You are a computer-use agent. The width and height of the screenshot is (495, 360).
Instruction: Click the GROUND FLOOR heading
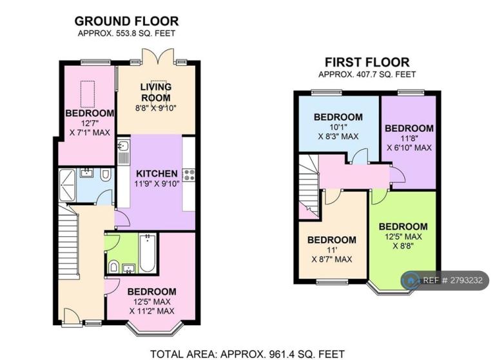tap(126, 21)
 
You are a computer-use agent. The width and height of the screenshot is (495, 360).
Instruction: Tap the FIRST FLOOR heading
tap(367, 63)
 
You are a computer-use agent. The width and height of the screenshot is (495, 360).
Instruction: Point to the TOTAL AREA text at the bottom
tap(247, 354)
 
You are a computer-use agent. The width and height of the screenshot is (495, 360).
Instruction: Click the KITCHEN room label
tap(157, 174)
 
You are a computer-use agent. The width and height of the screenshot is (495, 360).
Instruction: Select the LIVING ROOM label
tap(156, 92)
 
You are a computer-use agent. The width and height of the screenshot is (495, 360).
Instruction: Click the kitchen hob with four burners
tap(189, 175)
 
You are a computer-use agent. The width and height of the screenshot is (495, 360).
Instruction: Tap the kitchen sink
tap(123, 146)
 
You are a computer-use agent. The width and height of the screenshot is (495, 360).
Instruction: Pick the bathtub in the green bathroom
tap(148, 253)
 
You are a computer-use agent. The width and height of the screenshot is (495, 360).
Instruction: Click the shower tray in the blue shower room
tap(67, 185)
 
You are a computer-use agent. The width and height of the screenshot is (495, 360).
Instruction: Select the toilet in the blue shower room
tap(106, 174)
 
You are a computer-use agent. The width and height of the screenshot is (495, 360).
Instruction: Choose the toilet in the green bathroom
tap(113, 266)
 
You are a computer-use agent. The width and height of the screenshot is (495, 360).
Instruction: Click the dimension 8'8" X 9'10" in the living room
tap(155, 108)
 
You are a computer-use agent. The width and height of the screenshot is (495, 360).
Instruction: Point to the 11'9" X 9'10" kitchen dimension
tap(157, 184)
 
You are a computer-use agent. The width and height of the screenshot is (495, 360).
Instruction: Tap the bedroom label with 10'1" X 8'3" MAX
tap(338, 126)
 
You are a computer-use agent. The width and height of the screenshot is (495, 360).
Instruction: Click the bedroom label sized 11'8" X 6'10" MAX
tap(409, 138)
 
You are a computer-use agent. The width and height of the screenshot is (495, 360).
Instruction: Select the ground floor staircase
tap(68, 240)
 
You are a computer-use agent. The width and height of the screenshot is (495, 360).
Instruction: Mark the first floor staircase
tap(309, 186)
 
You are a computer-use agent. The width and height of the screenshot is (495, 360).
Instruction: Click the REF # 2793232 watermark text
tap(452, 280)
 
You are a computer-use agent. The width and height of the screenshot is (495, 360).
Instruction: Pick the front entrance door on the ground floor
tap(72, 316)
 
